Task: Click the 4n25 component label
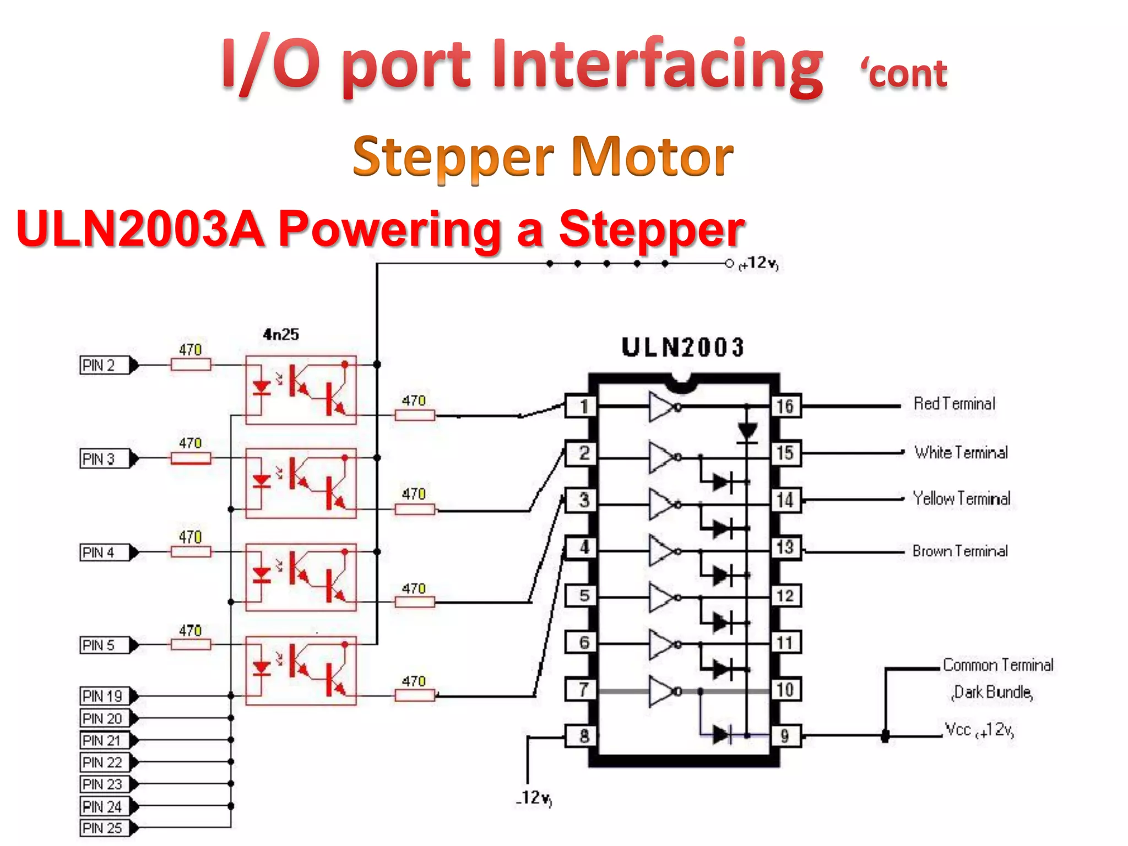281,334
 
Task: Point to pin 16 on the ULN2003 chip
785,406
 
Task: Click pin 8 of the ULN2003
584,736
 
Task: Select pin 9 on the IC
785,736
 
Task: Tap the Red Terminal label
955,404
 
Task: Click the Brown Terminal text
960,551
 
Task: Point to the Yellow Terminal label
961,499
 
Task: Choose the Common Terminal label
997,665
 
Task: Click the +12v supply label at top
759,263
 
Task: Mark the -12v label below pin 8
534,798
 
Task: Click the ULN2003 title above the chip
683,348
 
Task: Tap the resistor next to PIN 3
191,458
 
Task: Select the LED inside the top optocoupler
261,388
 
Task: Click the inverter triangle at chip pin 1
662,407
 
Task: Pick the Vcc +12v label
979,730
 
